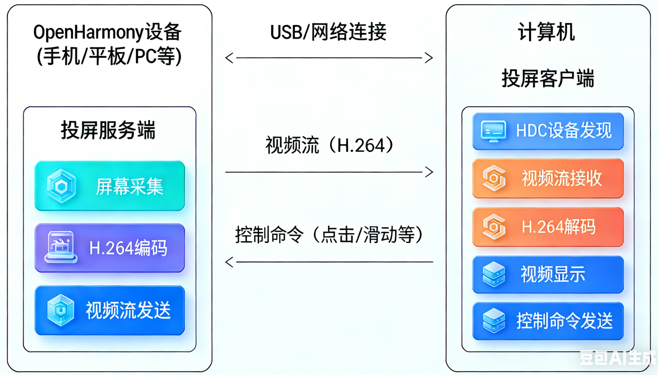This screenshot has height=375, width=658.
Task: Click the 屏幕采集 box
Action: point(110,186)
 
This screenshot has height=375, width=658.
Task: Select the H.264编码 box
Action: point(110,248)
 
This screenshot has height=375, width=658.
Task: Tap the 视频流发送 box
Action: point(110,310)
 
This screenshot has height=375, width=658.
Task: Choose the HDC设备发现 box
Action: point(548,131)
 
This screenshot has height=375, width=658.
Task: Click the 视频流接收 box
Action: point(548,178)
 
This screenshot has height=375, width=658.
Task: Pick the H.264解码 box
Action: point(548,227)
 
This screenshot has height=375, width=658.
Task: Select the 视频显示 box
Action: point(548,275)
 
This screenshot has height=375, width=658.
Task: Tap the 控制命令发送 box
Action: point(548,321)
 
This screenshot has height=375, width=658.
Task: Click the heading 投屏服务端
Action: point(108,130)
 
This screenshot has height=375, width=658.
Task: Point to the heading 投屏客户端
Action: point(548,78)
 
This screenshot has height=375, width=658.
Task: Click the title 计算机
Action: point(546,32)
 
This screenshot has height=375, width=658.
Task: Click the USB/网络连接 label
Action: point(328,32)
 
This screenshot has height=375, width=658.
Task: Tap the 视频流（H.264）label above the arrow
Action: point(329,146)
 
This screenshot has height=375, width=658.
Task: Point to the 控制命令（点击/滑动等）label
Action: point(329,235)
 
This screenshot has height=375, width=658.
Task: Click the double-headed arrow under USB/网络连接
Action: point(329,58)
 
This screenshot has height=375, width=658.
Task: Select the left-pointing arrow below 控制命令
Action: point(329,262)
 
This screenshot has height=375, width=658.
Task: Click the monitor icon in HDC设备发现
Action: point(493,131)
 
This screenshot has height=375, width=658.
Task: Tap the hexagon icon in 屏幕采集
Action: point(61,186)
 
